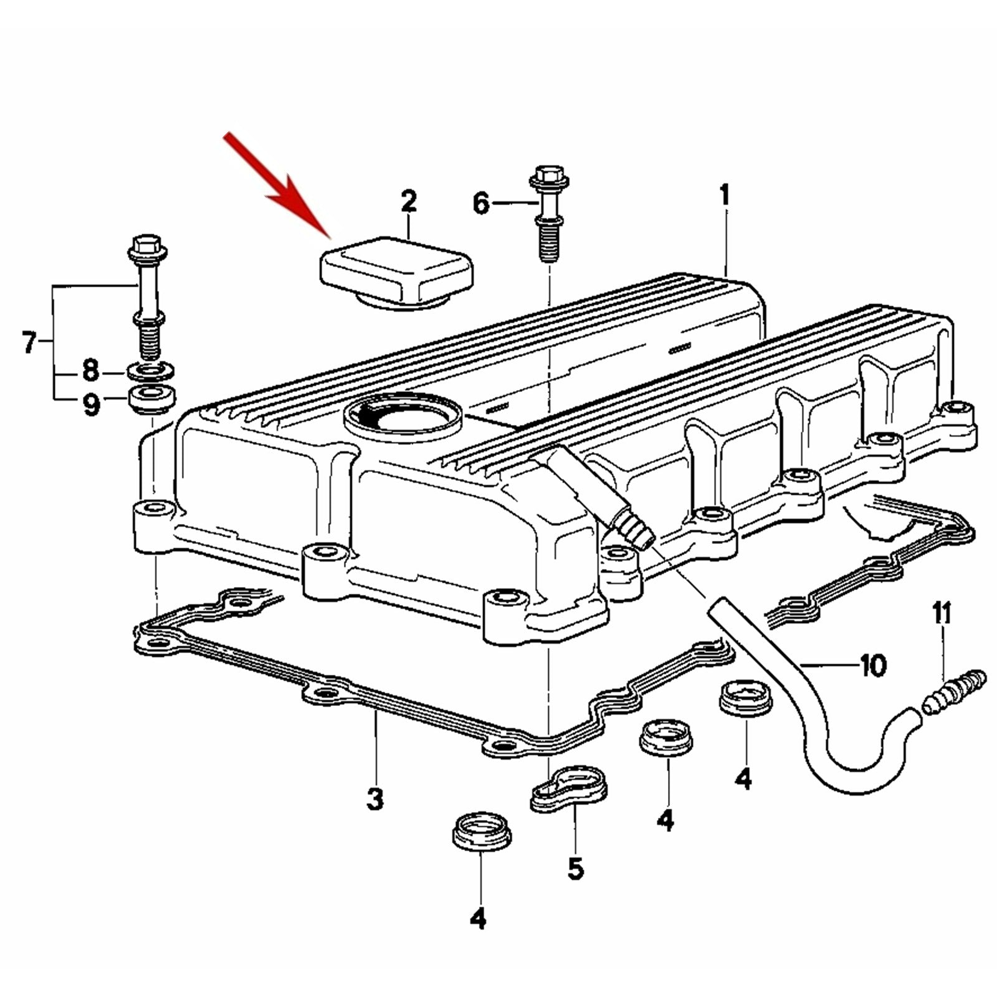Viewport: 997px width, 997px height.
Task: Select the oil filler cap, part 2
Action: [397, 272]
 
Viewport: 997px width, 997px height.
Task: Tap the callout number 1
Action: [724, 195]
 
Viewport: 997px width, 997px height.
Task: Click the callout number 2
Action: [408, 202]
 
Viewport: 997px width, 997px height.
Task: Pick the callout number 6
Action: [481, 204]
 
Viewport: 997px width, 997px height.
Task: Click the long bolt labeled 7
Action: [147, 298]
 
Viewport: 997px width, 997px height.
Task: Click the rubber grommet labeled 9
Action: [151, 399]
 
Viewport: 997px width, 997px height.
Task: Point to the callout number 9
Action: [91, 406]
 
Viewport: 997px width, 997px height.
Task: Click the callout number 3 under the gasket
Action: [374, 798]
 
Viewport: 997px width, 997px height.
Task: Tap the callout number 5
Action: [575, 867]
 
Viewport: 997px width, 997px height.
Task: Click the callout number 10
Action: [873, 666]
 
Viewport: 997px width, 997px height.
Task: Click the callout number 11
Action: [942, 613]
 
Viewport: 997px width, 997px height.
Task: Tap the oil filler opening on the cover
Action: [403, 416]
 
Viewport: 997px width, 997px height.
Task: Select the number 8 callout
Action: [91, 371]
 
